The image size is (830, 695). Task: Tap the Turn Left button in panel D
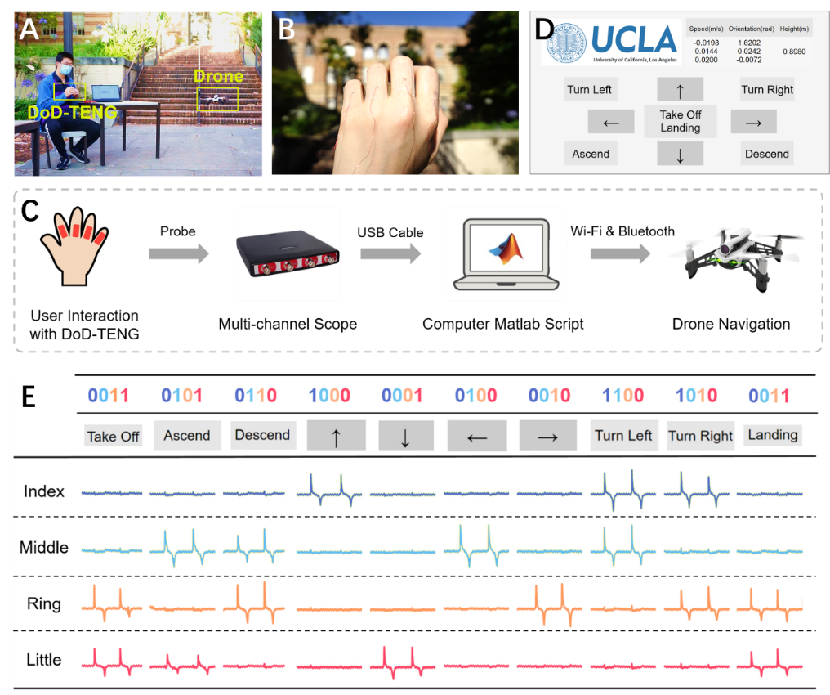click(x=589, y=90)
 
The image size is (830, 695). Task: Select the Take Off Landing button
click(x=680, y=121)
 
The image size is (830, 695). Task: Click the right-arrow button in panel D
click(x=753, y=122)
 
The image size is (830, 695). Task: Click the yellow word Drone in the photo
click(x=218, y=77)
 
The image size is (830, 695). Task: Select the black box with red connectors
click(x=288, y=255)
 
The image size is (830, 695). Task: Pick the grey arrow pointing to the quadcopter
click(x=620, y=254)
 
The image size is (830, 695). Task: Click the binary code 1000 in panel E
click(x=329, y=397)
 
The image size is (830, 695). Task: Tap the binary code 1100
click(x=622, y=397)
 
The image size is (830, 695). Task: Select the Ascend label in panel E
click(x=187, y=436)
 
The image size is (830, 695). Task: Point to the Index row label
click(x=44, y=492)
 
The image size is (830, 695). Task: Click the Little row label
click(x=43, y=659)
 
